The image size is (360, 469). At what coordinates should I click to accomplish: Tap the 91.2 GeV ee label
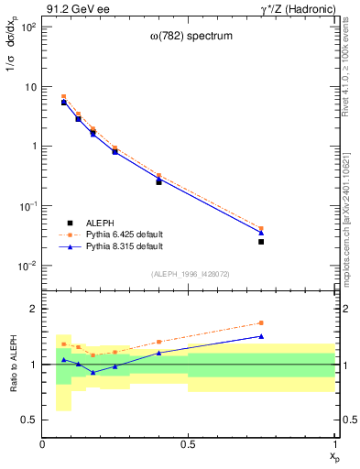tap(73, 8)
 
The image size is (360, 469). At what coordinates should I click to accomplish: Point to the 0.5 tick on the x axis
tap(188, 444)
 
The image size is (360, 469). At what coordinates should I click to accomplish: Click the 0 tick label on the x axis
tap(42, 444)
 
